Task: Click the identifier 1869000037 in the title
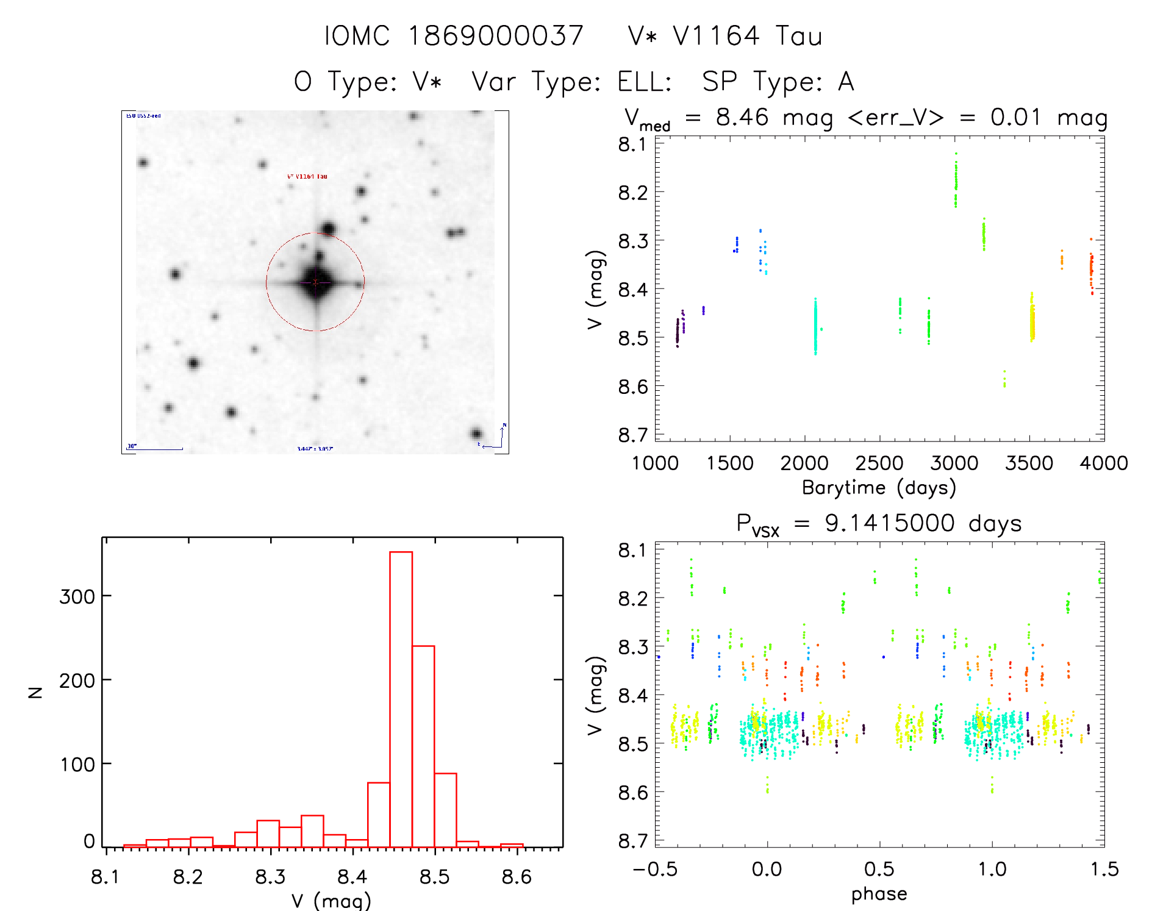coord(495,36)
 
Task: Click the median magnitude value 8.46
coord(742,117)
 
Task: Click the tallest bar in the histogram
coord(401,699)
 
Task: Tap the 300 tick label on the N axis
coord(77,596)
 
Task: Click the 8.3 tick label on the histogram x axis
coord(270,877)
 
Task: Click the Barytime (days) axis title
coord(879,488)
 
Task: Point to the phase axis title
coord(879,894)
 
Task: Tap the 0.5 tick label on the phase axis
coord(879,870)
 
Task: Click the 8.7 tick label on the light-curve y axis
coord(632,435)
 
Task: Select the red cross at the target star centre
coord(315,282)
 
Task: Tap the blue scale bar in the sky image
coord(155,449)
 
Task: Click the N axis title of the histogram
coord(35,692)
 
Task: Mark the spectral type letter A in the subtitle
coord(846,82)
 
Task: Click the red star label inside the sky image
coord(307,176)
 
